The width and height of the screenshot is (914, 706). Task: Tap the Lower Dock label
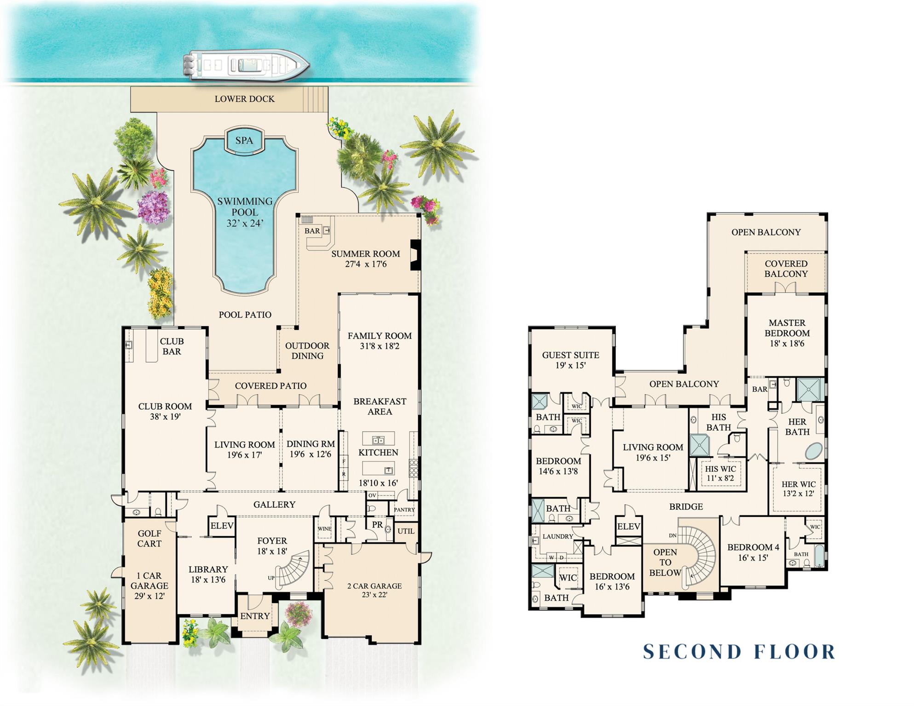(244, 99)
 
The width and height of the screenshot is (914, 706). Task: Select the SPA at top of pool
(244, 140)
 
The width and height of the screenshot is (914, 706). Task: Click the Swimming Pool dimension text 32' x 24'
(245, 224)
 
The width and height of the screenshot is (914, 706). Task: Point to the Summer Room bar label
(312, 231)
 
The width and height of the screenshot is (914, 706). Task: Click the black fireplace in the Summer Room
(415, 255)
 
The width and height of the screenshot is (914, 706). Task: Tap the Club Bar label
(172, 346)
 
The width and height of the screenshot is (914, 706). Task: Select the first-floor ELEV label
(222, 526)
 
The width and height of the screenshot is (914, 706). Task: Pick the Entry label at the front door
(255, 616)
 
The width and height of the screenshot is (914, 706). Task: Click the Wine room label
(324, 529)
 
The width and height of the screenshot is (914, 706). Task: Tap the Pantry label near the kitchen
(404, 510)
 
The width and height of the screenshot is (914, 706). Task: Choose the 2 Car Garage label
(374, 586)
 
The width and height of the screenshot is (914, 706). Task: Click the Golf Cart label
(149, 539)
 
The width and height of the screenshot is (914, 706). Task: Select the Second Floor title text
(739, 652)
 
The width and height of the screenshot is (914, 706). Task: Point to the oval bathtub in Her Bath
(813, 451)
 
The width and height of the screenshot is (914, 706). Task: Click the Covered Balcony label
(786, 269)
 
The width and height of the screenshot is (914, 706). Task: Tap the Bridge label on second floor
(685, 507)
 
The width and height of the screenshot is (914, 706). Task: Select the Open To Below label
(665, 563)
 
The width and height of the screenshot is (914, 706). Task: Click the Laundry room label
(558, 536)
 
